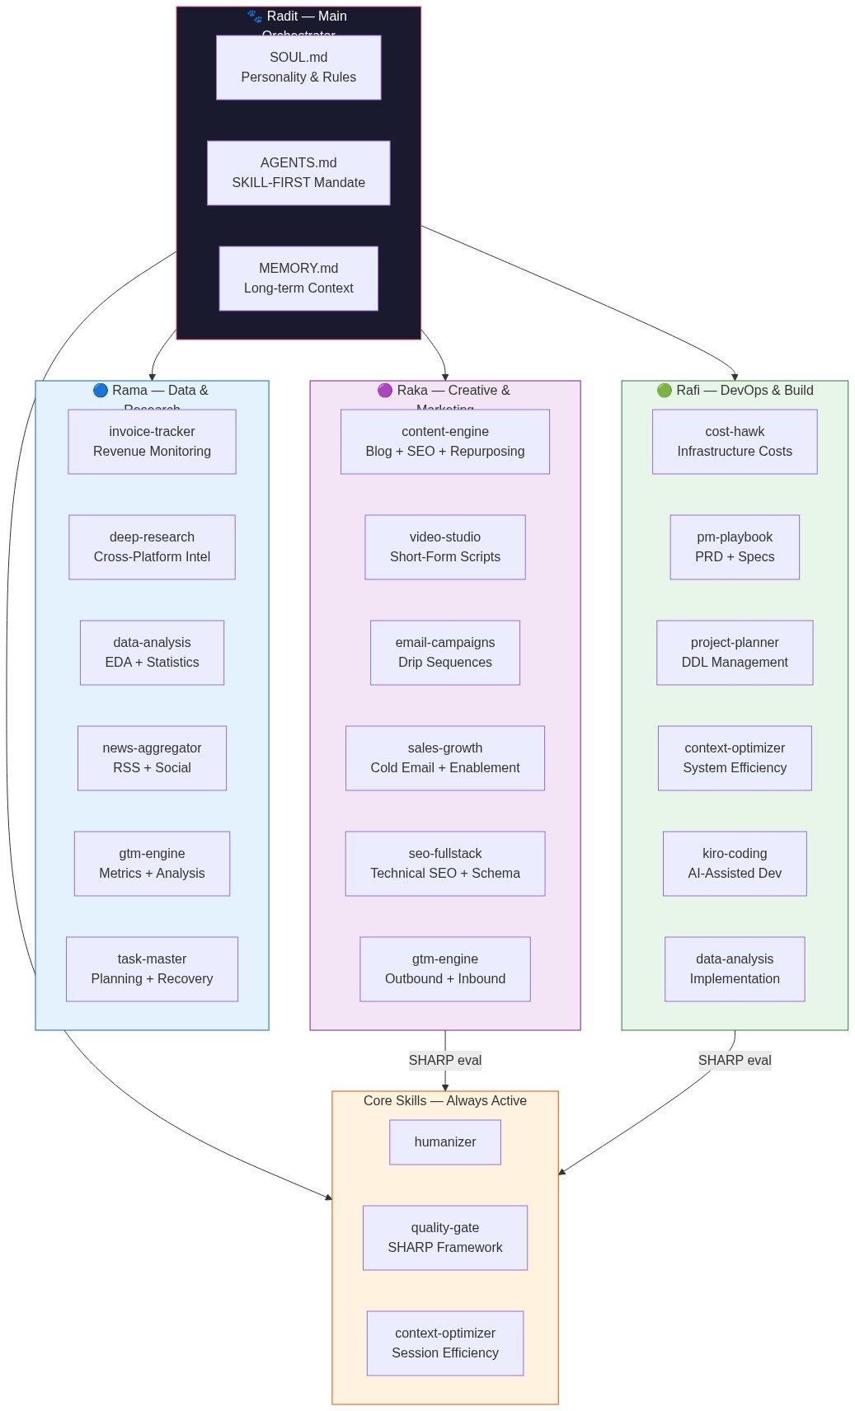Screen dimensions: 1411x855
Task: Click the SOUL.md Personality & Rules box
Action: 298,68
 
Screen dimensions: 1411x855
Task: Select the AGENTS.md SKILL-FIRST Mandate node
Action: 298,173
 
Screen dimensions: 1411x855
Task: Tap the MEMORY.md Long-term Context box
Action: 298,279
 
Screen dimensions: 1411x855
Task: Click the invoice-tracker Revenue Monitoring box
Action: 152,442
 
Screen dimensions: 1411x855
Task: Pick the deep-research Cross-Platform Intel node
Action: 152,547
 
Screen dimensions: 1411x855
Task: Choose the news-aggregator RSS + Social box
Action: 152,758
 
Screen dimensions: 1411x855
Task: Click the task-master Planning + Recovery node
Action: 152,969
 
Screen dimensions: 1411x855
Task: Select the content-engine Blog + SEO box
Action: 445,442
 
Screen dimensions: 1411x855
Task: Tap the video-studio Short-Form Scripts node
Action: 445,547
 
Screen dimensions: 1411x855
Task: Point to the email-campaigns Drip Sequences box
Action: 445,653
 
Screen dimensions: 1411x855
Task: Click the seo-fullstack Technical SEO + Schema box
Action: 445,864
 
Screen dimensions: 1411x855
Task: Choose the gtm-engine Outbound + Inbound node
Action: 445,969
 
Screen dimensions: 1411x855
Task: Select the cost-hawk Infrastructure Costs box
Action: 735,442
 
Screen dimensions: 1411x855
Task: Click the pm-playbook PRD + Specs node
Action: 735,547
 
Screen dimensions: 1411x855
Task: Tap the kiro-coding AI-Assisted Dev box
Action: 735,864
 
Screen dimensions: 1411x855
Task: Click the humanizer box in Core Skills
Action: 445,1142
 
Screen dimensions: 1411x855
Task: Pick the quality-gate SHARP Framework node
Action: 445,1238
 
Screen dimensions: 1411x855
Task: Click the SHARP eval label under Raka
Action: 445,1061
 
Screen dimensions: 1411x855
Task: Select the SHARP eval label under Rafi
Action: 735,1061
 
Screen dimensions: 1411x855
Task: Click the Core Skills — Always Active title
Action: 445,1101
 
